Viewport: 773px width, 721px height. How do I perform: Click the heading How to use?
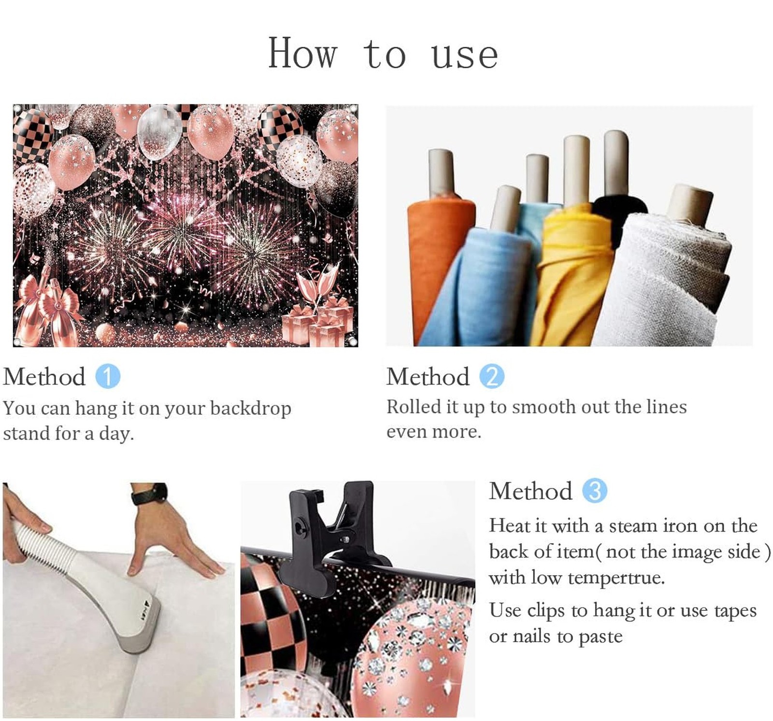coord(383,54)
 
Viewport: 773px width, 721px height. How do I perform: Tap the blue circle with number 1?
coord(108,377)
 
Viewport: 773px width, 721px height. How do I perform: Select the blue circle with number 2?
coord(492,377)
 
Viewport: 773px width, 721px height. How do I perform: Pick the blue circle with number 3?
coord(595,491)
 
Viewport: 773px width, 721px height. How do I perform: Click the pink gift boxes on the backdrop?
coord(319,321)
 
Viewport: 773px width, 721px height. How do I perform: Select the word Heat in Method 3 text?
coord(508,525)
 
